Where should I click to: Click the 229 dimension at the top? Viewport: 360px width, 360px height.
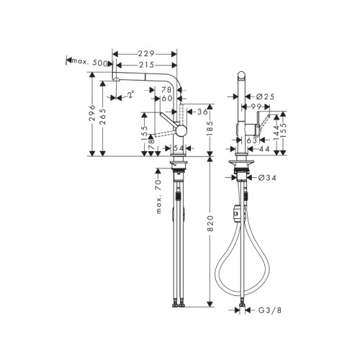pyautogui.click(x=147, y=53)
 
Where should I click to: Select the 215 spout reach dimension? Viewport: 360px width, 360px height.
pyautogui.click(x=147, y=64)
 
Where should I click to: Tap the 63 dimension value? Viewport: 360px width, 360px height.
pyautogui.click(x=253, y=141)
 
